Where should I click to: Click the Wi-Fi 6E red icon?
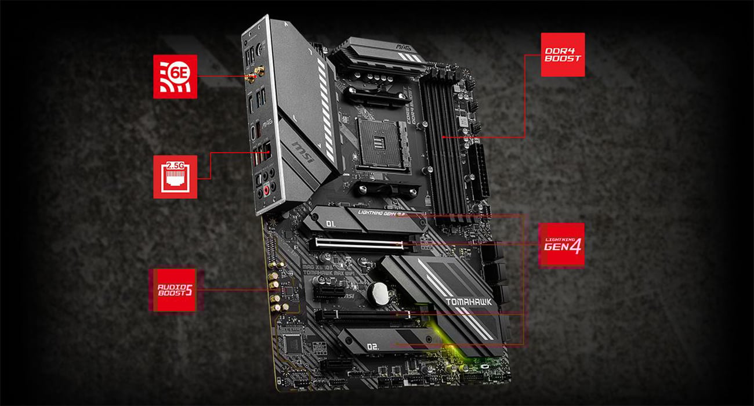pos(175,76)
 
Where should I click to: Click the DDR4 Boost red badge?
pos(562,55)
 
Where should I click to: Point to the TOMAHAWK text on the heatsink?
pos(469,302)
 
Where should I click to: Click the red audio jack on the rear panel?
pos(267,190)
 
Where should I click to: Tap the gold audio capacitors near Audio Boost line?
pos(275,293)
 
